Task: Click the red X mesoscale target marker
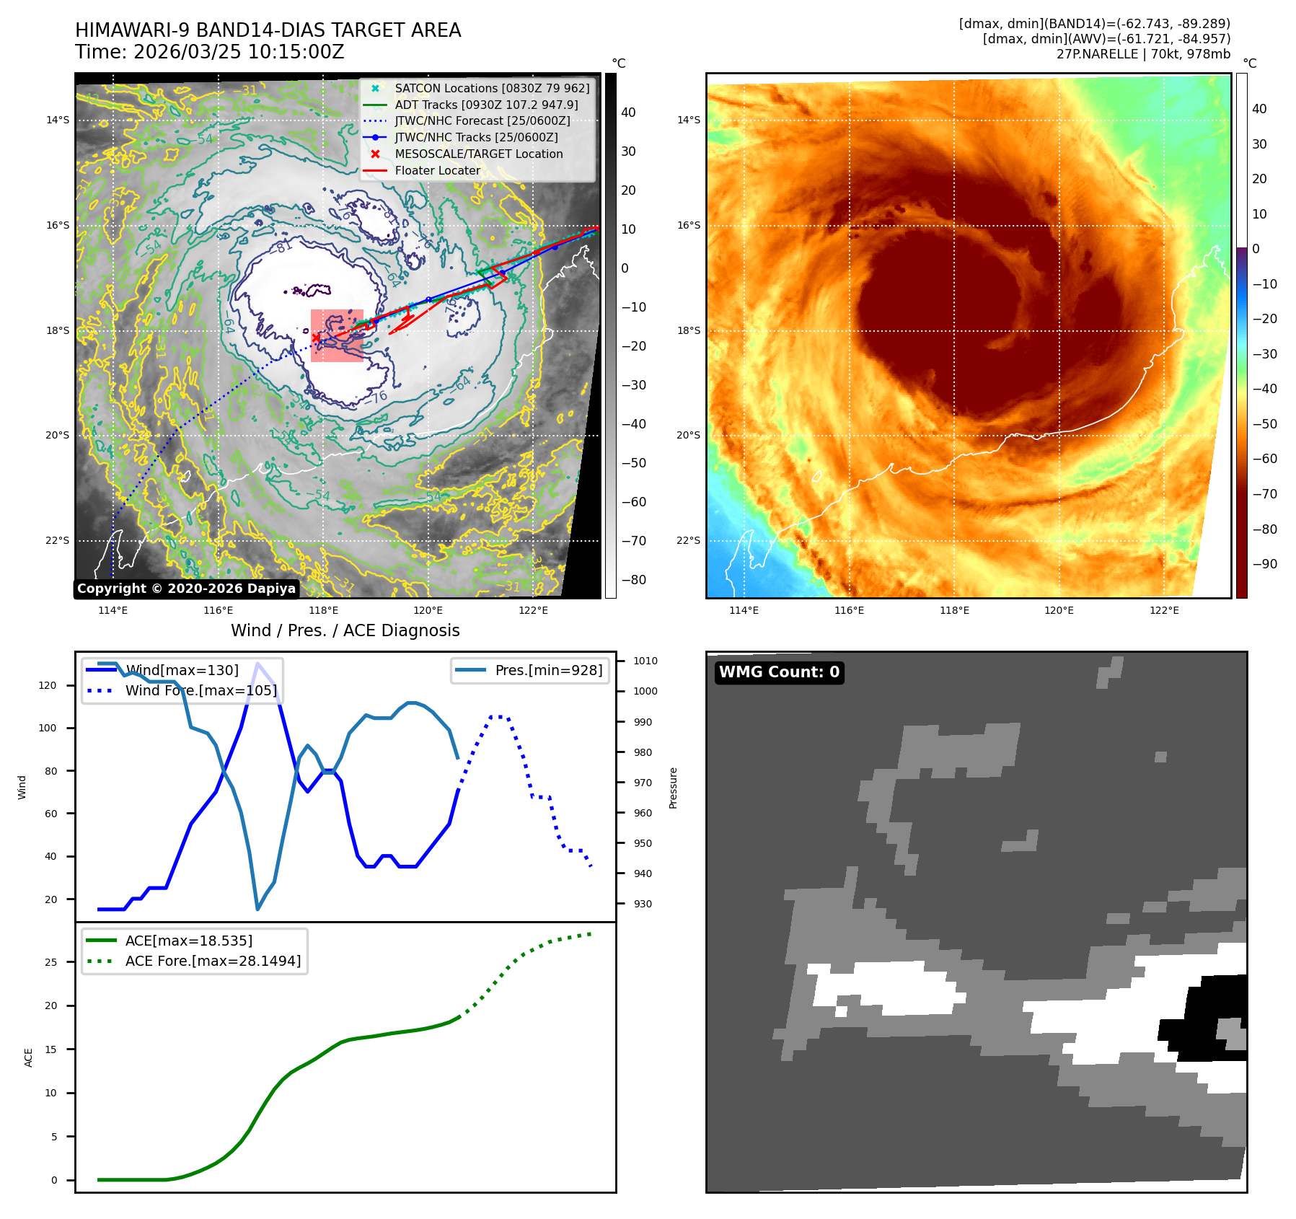pos(316,338)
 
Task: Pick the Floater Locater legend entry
pos(437,170)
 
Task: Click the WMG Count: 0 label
pos(779,672)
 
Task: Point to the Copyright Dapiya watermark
pos(186,589)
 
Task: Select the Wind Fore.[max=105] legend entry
pos(200,690)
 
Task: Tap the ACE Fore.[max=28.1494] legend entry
pos(213,961)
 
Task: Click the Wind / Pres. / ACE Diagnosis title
pos(345,630)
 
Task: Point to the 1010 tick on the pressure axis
pos(645,661)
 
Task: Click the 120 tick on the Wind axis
pos(48,685)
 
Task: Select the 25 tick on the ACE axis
pos(50,962)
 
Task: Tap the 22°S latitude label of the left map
pos(58,540)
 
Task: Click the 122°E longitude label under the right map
pos(1164,610)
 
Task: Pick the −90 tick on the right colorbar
pos(1264,564)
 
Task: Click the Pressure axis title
pos(673,788)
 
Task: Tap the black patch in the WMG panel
pos(1204,1017)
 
